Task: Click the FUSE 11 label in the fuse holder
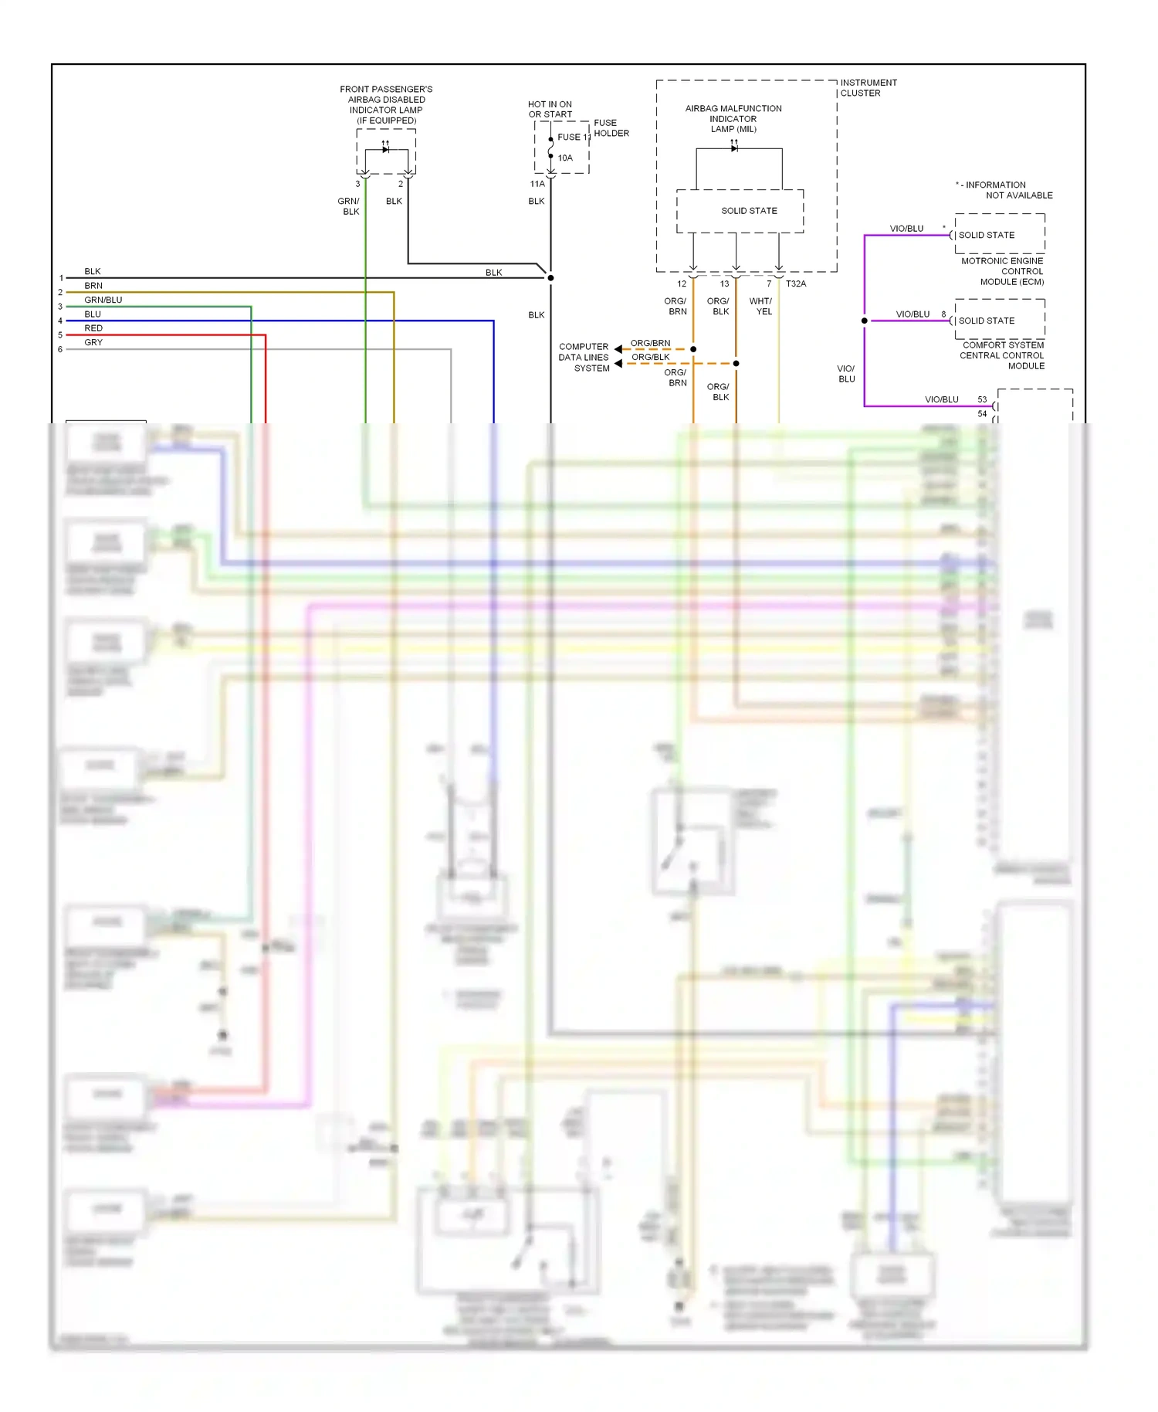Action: [x=574, y=137]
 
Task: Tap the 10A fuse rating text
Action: [x=565, y=158]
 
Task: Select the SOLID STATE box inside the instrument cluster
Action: [x=740, y=211]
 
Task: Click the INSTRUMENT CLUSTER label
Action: [x=868, y=87]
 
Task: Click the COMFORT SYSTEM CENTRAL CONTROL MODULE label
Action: [x=1002, y=355]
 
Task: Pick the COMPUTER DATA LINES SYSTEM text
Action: [x=584, y=357]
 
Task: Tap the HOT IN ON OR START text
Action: [x=550, y=109]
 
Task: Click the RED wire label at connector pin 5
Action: [x=93, y=328]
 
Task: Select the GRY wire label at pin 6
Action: [x=93, y=342]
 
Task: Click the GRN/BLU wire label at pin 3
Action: [x=103, y=300]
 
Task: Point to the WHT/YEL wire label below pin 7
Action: [x=760, y=306]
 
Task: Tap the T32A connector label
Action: [x=796, y=283]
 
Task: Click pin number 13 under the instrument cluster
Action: [x=724, y=283]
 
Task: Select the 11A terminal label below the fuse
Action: [x=537, y=184]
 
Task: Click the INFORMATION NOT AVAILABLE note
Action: [x=1004, y=190]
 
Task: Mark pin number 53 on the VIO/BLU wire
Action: [x=982, y=399]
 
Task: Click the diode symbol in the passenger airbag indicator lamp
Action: [x=385, y=149]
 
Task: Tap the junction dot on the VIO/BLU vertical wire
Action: [x=864, y=321]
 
